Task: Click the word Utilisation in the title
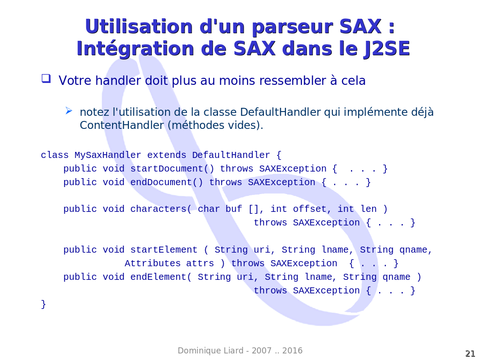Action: click(139, 26)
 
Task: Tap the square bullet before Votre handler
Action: click(46, 78)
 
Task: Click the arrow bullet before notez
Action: click(69, 111)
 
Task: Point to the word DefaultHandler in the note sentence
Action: click(280, 112)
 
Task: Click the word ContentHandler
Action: click(122, 125)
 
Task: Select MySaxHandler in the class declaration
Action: click(108, 155)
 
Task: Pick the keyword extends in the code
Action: click(166, 155)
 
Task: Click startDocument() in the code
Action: click(172, 169)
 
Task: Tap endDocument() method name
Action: click(166, 182)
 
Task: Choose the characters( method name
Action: click(161, 209)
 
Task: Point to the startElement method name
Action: click(164, 250)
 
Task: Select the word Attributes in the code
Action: click(152, 263)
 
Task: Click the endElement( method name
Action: click(161, 277)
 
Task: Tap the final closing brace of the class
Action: click(44, 304)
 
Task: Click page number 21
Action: click(470, 353)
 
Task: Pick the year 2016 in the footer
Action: click(292, 351)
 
